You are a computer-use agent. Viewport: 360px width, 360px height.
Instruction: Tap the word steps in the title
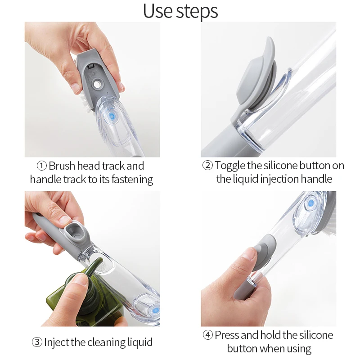coord(198,13)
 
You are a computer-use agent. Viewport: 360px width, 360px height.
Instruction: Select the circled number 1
coord(41,166)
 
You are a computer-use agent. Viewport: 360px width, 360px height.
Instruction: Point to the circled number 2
coord(207,166)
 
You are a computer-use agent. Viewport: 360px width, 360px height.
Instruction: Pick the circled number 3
coord(37,342)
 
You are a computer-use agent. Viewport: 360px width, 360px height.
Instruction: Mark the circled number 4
coord(207,335)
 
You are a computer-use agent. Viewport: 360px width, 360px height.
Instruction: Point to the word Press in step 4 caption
coord(228,335)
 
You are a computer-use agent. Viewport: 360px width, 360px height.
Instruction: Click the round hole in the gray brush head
coord(96,84)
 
